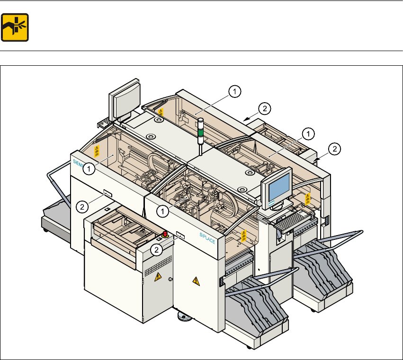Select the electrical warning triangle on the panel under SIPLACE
pyautogui.click(x=195, y=281)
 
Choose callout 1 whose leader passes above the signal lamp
pyautogui.click(x=235, y=91)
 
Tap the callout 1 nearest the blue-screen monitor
pyautogui.click(x=308, y=134)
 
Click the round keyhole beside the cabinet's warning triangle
pyautogui.click(x=170, y=279)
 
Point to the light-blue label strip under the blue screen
pyautogui.click(x=272, y=202)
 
